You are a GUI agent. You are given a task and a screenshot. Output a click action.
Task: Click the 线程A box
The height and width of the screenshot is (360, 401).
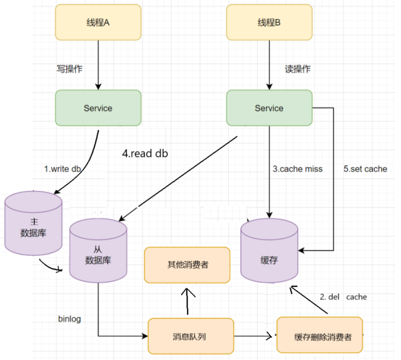[98, 23]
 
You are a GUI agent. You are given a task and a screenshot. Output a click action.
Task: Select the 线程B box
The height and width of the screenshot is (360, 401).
[269, 23]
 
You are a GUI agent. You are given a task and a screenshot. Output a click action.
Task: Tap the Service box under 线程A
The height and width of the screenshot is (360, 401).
[98, 108]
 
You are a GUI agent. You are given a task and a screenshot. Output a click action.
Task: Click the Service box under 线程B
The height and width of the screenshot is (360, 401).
[269, 108]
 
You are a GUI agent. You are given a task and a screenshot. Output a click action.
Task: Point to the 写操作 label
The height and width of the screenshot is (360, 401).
[69, 69]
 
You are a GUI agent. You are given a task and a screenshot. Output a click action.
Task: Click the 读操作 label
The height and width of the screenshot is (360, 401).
[298, 69]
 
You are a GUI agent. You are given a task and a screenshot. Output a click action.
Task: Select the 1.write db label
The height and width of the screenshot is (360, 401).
[63, 169]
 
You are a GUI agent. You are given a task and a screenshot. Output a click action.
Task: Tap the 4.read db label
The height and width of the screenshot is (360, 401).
[145, 154]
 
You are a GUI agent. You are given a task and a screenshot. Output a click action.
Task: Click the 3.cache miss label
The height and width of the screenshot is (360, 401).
[298, 169]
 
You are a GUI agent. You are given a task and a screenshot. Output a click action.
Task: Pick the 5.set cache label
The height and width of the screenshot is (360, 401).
[366, 169]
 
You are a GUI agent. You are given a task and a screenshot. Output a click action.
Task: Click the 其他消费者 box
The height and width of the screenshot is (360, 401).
[187, 265]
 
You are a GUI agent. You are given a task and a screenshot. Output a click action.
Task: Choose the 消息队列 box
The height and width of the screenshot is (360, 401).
[191, 336]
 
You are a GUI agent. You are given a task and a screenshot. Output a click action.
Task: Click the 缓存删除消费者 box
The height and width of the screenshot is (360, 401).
[320, 336]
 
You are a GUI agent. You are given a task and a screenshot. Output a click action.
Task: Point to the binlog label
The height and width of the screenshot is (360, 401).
[69, 319]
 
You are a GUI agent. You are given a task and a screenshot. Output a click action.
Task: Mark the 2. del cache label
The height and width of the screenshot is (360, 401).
[343, 297]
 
